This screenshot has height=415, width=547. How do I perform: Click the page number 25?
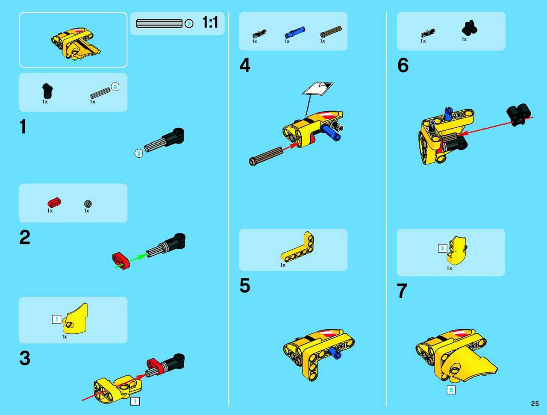tap(535, 403)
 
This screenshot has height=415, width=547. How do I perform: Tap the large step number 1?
tap(23, 127)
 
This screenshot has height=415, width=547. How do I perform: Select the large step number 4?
tap(245, 65)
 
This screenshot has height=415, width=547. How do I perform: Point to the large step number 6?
tap(403, 65)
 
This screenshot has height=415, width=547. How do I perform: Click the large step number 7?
tap(402, 291)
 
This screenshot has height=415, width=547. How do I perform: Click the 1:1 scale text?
tap(210, 22)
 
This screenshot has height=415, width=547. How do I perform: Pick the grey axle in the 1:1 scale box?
tap(159, 24)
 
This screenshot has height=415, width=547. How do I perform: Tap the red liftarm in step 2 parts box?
tap(54, 203)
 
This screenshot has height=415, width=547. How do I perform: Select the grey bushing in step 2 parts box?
tap(88, 203)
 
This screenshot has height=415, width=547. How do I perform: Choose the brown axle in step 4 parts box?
tap(331, 31)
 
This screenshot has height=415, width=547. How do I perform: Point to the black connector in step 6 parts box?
tap(469, 27)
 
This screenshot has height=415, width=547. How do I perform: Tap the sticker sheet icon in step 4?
tap(318, 88)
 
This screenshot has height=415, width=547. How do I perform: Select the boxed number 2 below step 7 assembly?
tap(451, 390)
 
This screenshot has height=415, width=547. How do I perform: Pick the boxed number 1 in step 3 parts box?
tap(56, 319)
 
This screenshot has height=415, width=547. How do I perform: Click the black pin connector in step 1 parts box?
tap(47, 91)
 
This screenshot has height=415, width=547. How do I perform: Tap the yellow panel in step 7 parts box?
tap(457, 250)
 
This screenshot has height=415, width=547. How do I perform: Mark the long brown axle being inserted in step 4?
tap(266, 156)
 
